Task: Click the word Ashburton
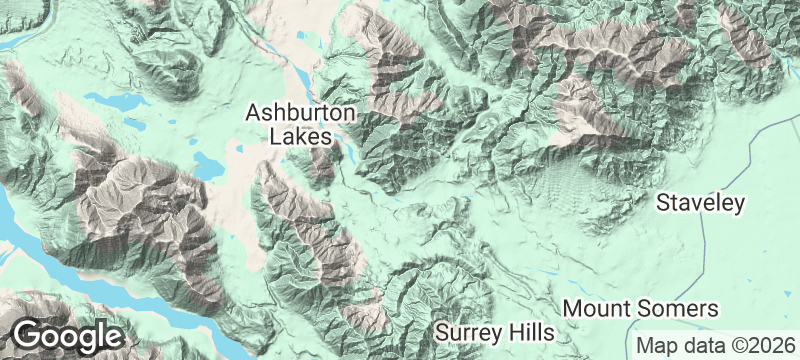pyautogui.click(x=297, y=112)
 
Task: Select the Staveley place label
pyautogui.click(x=701, y=204)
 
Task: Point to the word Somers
pyautogui.click(x=682, y=307)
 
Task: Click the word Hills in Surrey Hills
pyautogui.click(x=530, y=330)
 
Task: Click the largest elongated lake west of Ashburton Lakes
pyautogui.click(x=112, y=102)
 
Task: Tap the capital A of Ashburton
pyautogui.click(x=254, y=112)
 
